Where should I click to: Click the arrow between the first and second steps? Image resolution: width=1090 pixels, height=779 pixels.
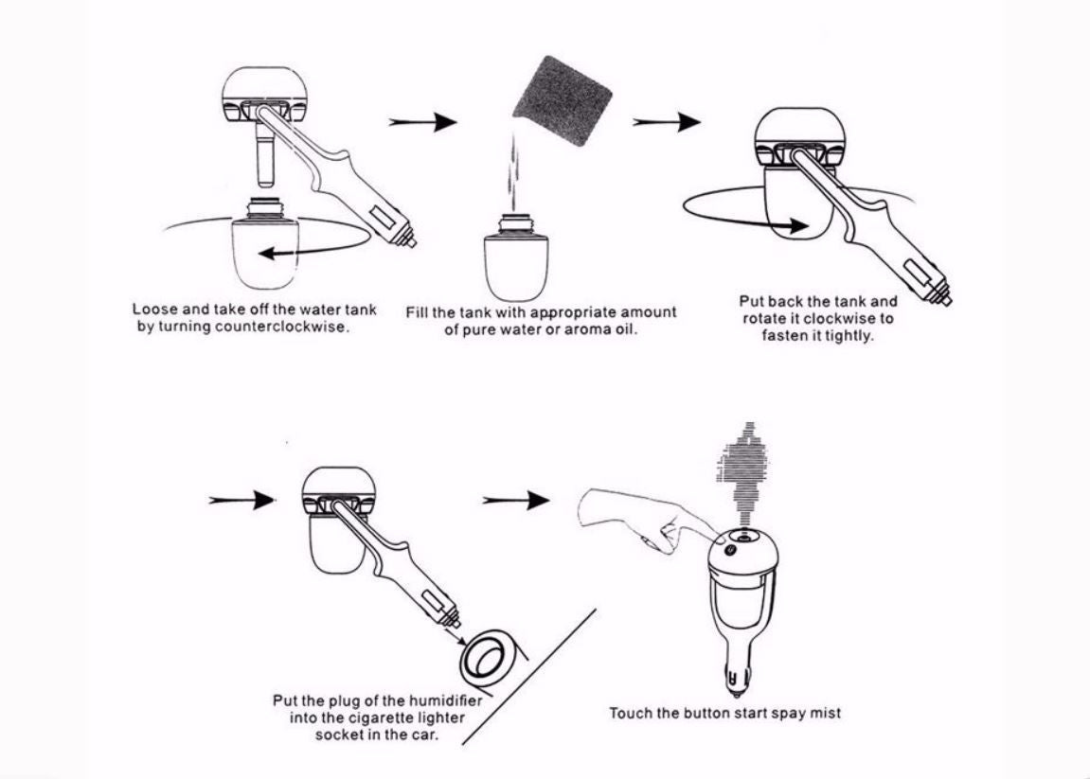423,122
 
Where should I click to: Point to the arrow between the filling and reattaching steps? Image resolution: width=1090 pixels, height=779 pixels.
667,122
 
